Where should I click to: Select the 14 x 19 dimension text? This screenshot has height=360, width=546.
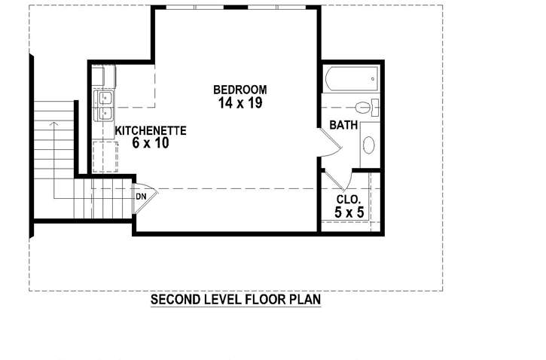tap(239, 103)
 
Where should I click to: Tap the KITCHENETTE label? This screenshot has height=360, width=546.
tap(151, 130)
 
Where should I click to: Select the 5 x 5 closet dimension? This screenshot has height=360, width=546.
tap(349, 213)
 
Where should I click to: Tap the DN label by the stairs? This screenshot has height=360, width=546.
tap(141, 197)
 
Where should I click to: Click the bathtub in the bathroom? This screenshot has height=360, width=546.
tap(352, 79)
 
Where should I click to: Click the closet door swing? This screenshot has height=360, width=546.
tap(336, 181)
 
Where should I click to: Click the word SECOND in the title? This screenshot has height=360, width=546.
tap(176, 300)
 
